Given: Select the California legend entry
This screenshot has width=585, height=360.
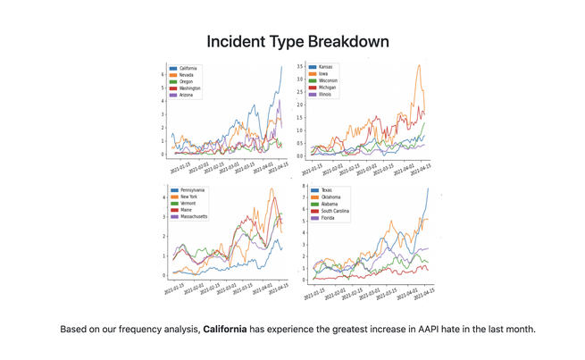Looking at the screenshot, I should pyautogui.click(x=188, y=68).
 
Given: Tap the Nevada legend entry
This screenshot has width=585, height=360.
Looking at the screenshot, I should pyautogui.click(x=187, y=75).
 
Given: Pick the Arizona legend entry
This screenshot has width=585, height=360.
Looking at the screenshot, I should pyautogui.click(x=187, y=96).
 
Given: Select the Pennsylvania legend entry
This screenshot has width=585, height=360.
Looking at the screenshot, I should pyautogui.click(x=193, y=190).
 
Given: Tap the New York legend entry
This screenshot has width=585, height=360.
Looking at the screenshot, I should pyautogui.click(x=189, y=197).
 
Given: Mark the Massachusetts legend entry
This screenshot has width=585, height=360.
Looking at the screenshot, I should pyautogui.click(x=195, y=216).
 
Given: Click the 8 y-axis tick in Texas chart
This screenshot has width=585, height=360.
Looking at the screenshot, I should pyautogui.click(x=304, y=186).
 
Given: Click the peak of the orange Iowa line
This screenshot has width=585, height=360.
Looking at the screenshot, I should pyautogui.click(x=420, y=65).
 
